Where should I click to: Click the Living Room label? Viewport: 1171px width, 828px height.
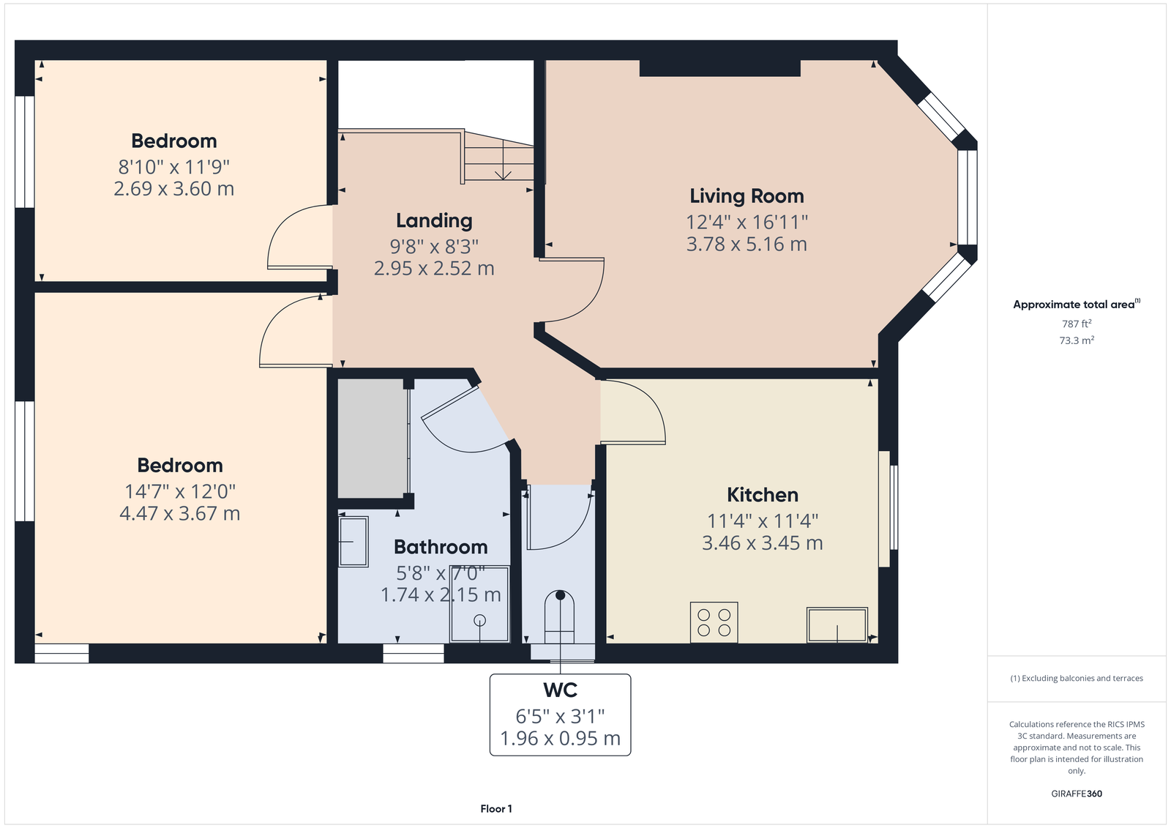[747, 196]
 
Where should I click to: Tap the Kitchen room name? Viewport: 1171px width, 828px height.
[762, 495]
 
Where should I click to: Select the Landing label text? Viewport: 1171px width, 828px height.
[434, 221]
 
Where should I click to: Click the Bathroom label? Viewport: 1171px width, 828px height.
[441, 547]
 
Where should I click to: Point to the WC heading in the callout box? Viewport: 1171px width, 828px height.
[561, 690]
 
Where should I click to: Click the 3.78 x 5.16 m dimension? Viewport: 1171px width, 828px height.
[747, 245]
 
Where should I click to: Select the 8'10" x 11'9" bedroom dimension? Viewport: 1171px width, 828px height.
[174, 168]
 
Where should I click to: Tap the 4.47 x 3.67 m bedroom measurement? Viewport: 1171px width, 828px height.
[180, 514]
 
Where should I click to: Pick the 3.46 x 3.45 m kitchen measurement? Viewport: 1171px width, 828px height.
[762, 543]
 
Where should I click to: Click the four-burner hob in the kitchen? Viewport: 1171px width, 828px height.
[714, 622]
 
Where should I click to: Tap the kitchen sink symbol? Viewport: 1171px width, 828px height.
[837, 624]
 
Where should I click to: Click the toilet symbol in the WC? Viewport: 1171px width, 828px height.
[559, 616]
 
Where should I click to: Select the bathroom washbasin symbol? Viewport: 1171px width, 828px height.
[353, 542]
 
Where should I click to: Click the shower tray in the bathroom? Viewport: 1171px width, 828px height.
[479, 604]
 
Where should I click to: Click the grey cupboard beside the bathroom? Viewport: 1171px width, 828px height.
[373, 439]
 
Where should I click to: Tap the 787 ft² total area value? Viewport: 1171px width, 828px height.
[1077, 324]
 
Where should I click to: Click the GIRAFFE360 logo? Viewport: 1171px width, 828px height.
[1077, 794]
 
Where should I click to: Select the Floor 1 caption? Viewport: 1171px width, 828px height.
[496, 809]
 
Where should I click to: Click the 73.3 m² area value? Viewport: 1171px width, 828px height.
[1077, 340]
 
